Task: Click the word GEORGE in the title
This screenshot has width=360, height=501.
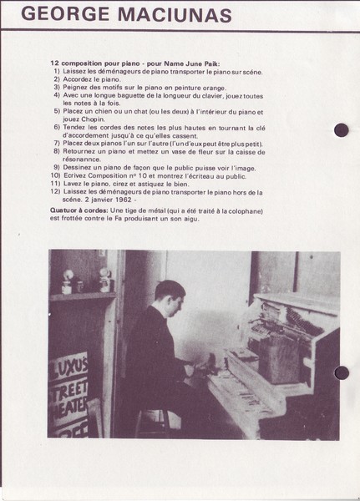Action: [65, 14]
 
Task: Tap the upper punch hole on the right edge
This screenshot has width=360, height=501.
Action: [341, 130]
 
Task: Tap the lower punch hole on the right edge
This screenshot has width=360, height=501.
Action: [342, 373]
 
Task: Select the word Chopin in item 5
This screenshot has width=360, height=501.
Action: [93, 119]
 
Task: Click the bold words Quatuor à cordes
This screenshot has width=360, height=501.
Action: [79, 211]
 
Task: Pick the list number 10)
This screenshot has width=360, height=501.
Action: [55, 175]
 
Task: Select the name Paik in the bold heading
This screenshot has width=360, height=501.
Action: [211, 63]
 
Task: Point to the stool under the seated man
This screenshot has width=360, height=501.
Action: [153, 423]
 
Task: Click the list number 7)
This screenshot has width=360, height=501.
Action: [57, 143]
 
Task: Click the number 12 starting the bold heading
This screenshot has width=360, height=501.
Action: [54, 63]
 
